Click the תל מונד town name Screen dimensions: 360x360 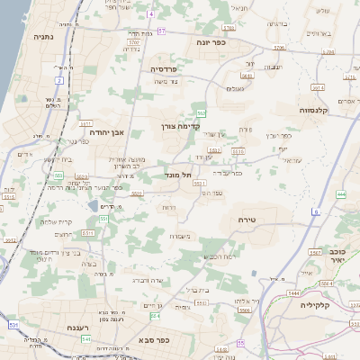[180, 175]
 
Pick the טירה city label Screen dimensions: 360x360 [248, 220]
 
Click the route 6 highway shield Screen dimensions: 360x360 [316, 211]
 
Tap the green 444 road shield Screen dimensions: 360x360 [341, 193]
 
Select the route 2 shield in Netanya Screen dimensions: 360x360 [60, 80]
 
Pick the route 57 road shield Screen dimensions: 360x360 [161, 31]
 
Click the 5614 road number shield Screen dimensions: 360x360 [316, 88]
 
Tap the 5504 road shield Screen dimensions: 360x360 [245, 309]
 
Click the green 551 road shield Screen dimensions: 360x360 [104, 219]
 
